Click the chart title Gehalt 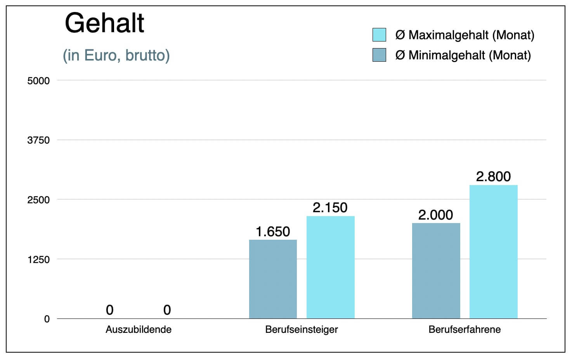104,23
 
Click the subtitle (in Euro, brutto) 116,55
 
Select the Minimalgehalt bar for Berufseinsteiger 273,279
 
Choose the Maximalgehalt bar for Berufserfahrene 493,252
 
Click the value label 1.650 273,232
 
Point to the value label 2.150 330,208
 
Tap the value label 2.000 435,215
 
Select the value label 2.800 493,177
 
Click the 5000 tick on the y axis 38,81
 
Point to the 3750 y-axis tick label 38,140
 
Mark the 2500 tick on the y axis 38,200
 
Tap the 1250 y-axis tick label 38,260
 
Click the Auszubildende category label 139,330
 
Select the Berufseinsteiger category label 302,330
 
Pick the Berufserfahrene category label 465,330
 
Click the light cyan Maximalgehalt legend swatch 379,35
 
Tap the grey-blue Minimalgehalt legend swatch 379,55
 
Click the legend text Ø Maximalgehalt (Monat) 465,35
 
